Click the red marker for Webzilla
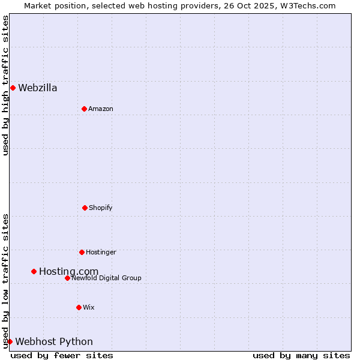click(x=13, y=88)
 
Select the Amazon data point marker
click(x=84, y=109)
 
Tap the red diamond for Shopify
click(x=85, y=208)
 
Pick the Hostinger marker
click(x=82, y=252)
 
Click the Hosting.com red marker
click(x=34, y=271)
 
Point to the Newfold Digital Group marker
click(x=67, y=278)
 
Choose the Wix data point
click(x=79, y=307)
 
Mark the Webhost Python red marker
click(x=10, y=341)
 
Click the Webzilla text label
click(x=38, y=88)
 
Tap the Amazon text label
click(x=101, y=109)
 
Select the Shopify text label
click(x=101, y=208)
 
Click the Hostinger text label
click(x=101, y=252)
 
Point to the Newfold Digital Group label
click(x=107, y=278)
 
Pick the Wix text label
click(x=89, y=307)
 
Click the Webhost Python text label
click(x=54, y=342)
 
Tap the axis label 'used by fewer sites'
click(x=62, y=355)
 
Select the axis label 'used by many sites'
click(x=301, y=355)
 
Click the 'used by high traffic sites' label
click(x=5, y=85)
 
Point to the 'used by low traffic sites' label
click(x=5, y=281)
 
